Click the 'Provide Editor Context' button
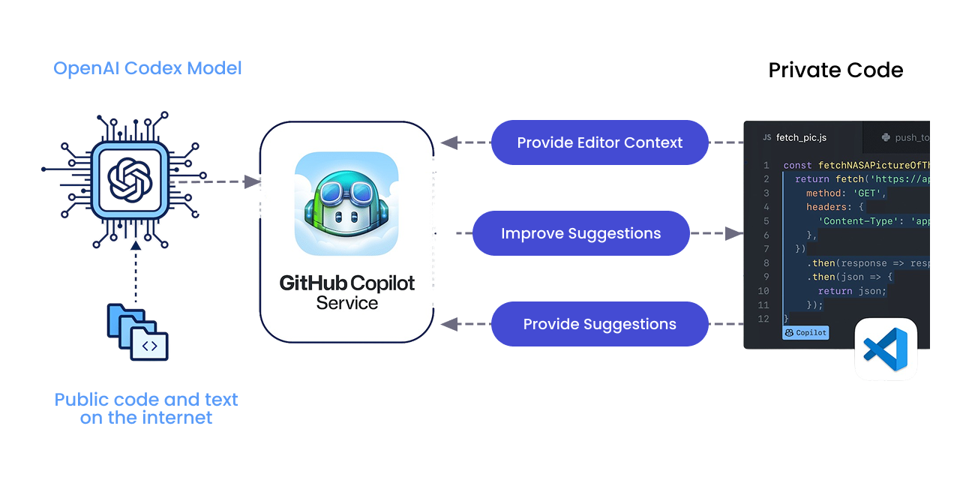point(599,142)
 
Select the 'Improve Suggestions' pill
point(580,233)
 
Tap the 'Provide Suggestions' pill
point(599,324)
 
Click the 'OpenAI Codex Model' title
point(148,68)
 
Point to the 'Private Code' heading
point(835,70)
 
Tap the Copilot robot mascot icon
point(346,203)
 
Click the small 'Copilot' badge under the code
point(805,332)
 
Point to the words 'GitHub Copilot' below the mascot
point(346,283)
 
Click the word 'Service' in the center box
point(346,303)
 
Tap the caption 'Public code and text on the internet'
point(146,409)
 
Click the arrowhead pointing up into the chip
point(135,245)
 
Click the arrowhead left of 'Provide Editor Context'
point(449,142)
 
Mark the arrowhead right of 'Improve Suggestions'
point(734,233)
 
